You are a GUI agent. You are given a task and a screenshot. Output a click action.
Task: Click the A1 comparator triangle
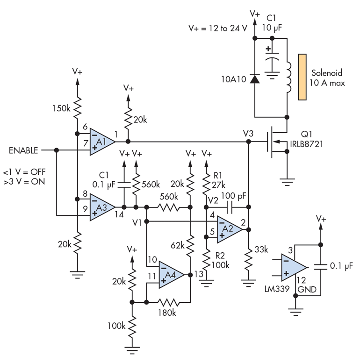click(x=101, y=141)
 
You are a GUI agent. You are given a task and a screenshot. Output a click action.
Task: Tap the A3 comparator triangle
click(x=101, y=206)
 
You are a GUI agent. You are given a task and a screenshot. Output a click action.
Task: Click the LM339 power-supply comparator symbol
click(x=292, y=267)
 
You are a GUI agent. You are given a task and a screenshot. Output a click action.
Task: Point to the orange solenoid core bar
click(x=302, y=77)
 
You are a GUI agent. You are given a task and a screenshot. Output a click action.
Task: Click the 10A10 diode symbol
click(x=255, y=78)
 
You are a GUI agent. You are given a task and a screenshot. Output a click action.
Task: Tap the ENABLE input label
click(x=23, y=150)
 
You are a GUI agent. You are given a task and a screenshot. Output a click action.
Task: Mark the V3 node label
click(x=248, y=134)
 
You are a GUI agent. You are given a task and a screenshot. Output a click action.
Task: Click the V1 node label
click(x=137, y=222)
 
